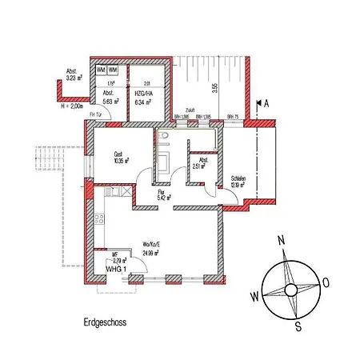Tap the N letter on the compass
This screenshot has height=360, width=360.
tap(281, 239)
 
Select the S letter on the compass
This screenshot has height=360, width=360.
tap(298, 326)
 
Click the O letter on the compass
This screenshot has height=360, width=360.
tap(326, 282)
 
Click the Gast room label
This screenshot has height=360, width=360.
tap(118, 154)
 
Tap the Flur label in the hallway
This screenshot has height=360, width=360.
tap(160, 192)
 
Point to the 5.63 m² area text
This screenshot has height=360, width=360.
tap(110, 102)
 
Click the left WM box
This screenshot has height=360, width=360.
tap(102, 71)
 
